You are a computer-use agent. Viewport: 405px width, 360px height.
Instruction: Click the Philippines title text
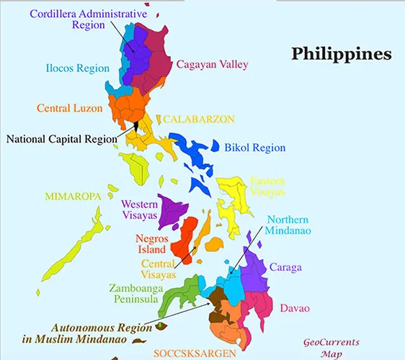pos(341,54)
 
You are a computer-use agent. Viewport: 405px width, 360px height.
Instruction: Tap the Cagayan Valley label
pos(212,63)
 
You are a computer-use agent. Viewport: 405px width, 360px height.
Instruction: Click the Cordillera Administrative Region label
pos(89,19)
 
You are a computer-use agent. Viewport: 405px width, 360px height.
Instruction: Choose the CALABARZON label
pos(199,119)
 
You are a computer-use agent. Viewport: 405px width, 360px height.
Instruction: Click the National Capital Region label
pos(59,138)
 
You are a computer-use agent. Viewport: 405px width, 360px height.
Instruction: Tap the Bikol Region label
pos(255,148)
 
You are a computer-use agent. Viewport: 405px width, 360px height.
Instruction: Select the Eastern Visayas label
pos(267,186)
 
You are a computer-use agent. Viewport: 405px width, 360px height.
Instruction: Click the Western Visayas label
pos(139,210)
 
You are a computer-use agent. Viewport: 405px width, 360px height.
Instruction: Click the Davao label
pos(294,308)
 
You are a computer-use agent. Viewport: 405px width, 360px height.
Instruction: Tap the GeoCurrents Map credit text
pos(331,348)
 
